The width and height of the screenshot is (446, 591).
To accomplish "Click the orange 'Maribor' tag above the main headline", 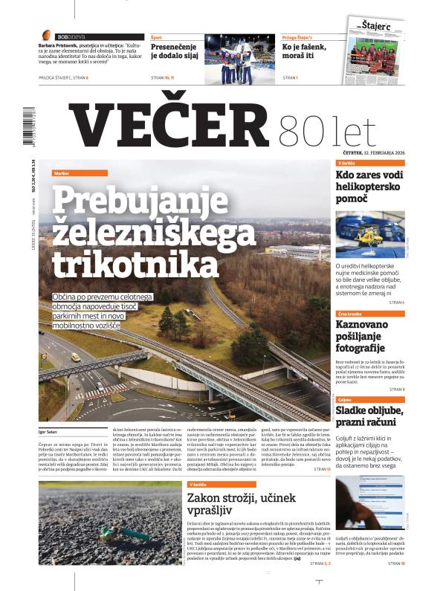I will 62,173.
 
